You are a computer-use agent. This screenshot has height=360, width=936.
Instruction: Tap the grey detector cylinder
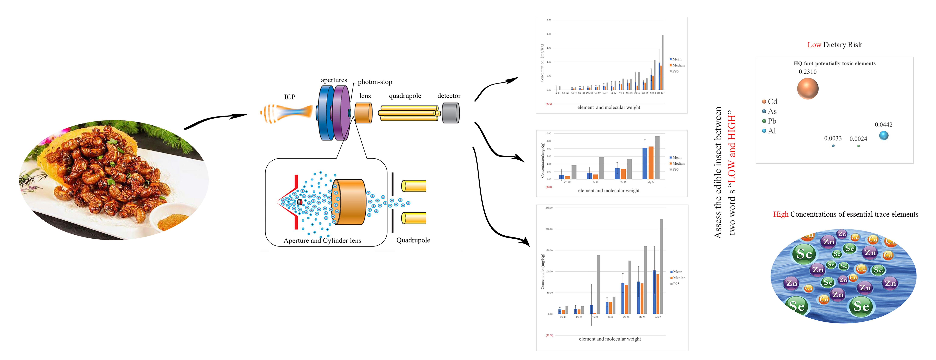(x=451, y=113)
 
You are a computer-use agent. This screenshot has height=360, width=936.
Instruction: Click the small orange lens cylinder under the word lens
(x=363, y=113)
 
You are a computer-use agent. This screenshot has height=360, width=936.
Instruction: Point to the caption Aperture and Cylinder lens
(x=322, y=241)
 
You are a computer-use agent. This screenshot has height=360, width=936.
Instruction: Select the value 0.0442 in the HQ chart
(x=883, y=125)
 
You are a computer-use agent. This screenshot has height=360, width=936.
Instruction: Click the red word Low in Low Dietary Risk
(x=814, y=45)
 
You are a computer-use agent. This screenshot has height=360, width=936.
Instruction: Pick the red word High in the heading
(x=781, y=214)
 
